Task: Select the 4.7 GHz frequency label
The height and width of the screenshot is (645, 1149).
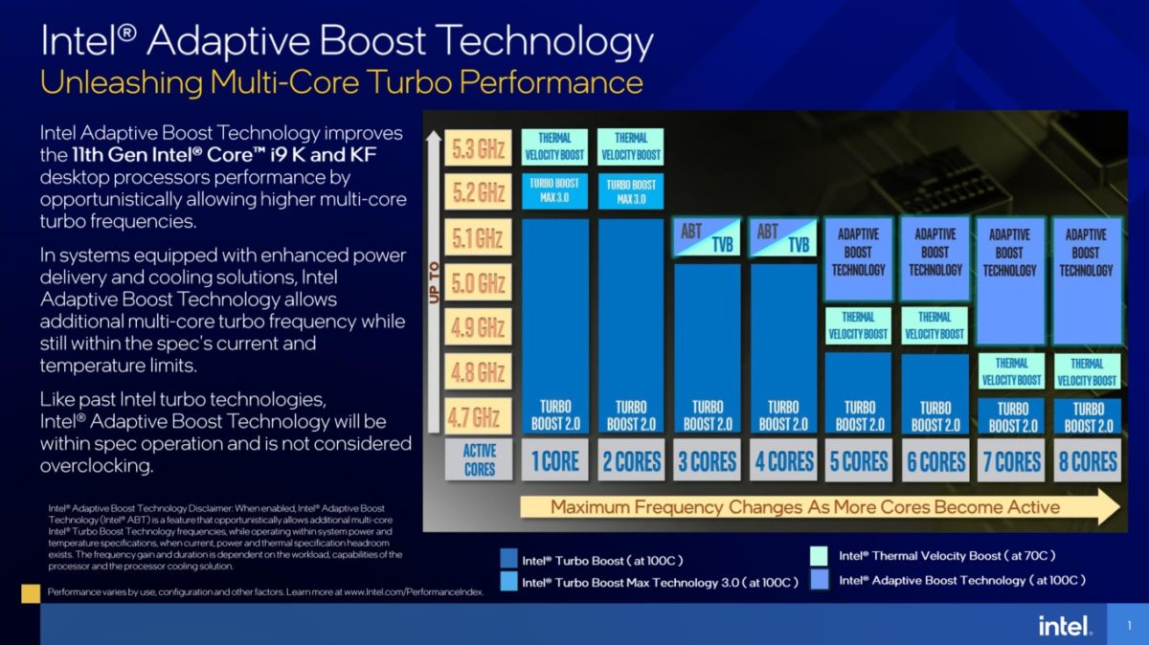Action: point(479,416)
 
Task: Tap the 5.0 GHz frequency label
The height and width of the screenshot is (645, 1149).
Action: point(479,282)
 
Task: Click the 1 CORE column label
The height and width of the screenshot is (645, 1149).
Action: point(555,461)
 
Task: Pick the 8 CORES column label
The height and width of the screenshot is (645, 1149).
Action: point(1088,461)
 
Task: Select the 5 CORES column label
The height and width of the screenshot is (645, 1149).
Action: point(859,461)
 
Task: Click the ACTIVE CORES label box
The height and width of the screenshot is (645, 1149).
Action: point(480,460)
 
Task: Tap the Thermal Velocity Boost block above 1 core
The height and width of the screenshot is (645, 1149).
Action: point(554,146)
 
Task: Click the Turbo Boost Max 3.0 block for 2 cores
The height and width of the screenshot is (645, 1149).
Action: point(631,191)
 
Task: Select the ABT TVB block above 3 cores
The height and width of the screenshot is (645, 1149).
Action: point(708,237)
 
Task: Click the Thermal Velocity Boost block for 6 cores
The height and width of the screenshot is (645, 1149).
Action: point(935,325)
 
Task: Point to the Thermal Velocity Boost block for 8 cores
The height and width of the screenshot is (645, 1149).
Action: point(1087,371)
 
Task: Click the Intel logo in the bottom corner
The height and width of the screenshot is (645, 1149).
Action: point(1064,626)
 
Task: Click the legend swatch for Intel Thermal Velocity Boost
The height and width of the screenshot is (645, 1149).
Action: point(820,556)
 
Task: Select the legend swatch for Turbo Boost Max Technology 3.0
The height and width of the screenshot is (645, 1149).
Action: point(508,582)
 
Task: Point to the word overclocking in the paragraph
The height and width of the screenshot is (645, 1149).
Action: point(96,466)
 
